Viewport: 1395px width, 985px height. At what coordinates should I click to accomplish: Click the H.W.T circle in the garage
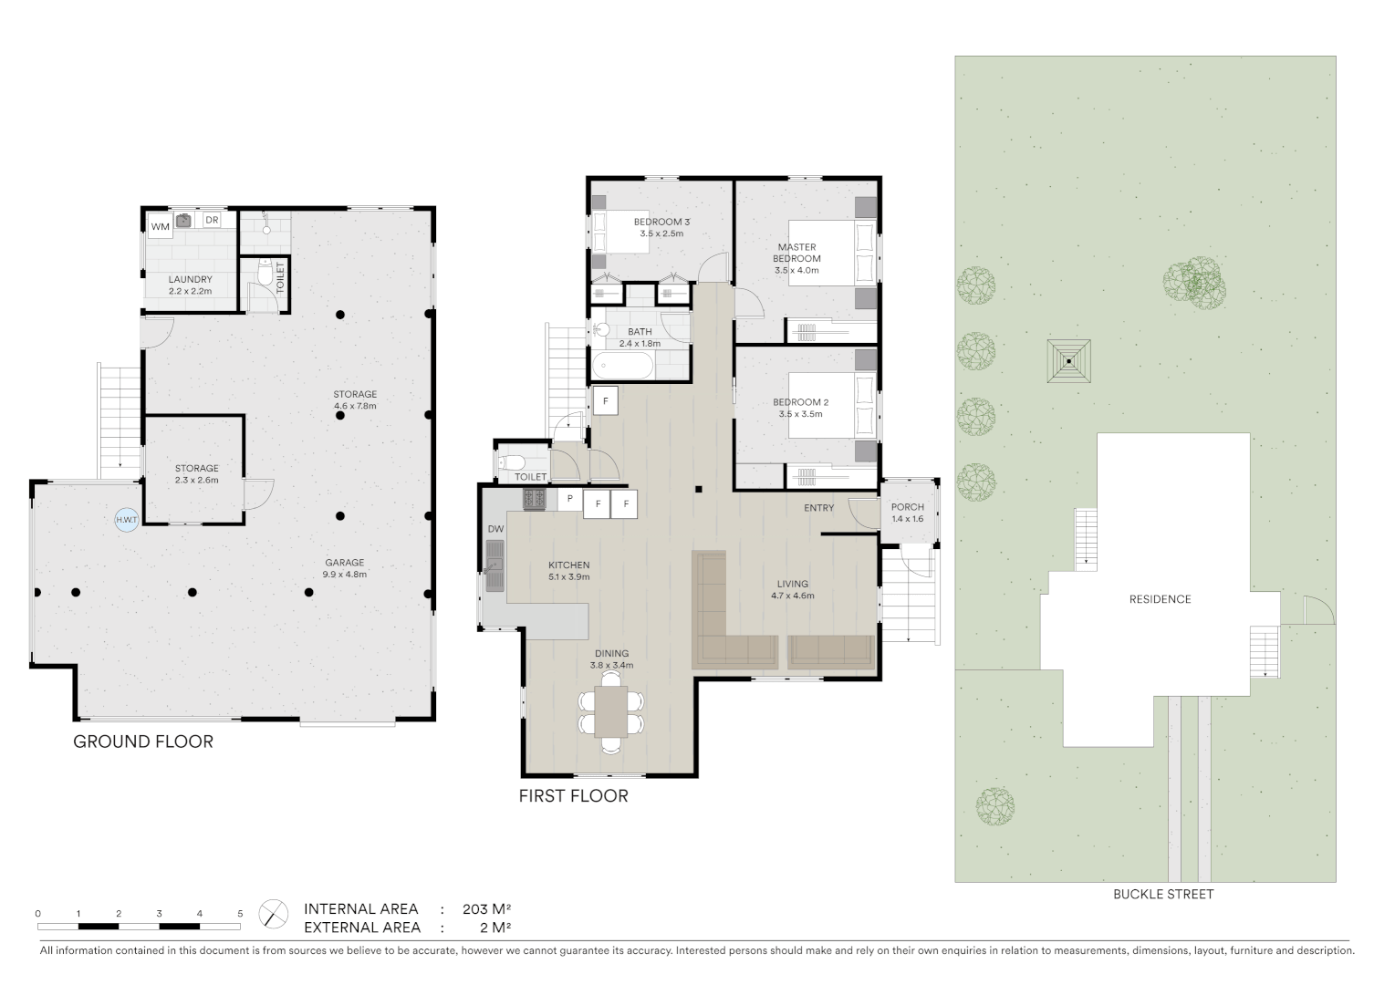[126, 520]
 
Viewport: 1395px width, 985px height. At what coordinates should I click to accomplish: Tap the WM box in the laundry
[160, 226]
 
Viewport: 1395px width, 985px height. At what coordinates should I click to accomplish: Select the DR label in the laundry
[212, 221]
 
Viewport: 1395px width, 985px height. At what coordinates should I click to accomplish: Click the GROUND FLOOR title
[143, 741]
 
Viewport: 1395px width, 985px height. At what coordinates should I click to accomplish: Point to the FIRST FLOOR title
[573, 796]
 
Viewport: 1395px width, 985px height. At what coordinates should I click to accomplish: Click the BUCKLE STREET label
[1162, 895]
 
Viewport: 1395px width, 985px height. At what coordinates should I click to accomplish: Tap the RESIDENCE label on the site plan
[1160, 599]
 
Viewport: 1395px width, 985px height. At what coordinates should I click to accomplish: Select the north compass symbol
[274, 914]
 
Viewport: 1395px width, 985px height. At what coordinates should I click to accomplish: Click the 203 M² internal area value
[486, 909]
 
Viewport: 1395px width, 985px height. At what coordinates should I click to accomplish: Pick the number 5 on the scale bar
[240, 913]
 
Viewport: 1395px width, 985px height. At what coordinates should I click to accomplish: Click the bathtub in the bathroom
[623, 368]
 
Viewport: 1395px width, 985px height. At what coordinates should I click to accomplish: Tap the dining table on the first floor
[610, 711]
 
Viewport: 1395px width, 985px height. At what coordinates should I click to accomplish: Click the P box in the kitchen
[569, 499]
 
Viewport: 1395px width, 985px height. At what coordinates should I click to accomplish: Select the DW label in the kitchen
[495, 529]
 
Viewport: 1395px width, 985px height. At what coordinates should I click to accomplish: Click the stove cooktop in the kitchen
[534, 499]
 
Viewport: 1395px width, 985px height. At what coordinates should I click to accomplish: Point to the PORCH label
[907, 507]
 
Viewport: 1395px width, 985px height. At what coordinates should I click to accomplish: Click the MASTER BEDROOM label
[796, 253]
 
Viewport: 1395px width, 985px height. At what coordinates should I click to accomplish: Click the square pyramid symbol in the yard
[1068, 361]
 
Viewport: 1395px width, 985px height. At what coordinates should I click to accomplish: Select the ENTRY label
[818, 508]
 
